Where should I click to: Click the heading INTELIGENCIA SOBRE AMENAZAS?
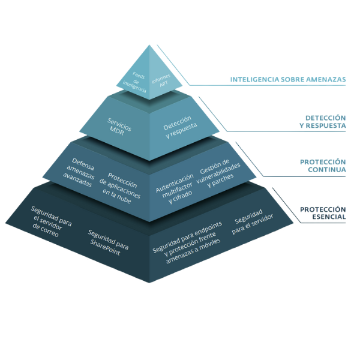pyautogui.click(x=288, y=79)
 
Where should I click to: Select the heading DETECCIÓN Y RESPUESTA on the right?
pyautogui.click(x=322, y=122)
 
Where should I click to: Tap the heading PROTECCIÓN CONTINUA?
pyautogui.click(x=323, y=166)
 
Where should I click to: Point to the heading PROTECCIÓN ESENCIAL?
pyautogui.click(x=323, y=213)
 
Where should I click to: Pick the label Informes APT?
pyautogui.click(x=160, y=82)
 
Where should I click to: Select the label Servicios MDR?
pyautogui.click(x=121, y=125)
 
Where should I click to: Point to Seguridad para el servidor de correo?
pyautogui.click(x=53, y=220)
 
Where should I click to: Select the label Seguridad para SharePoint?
pyautogui.click(x=108, y=242)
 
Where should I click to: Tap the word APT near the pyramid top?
pyautogui.click(x=163, y=85)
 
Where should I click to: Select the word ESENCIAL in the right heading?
pyautogui.click(x=328, y=217)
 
